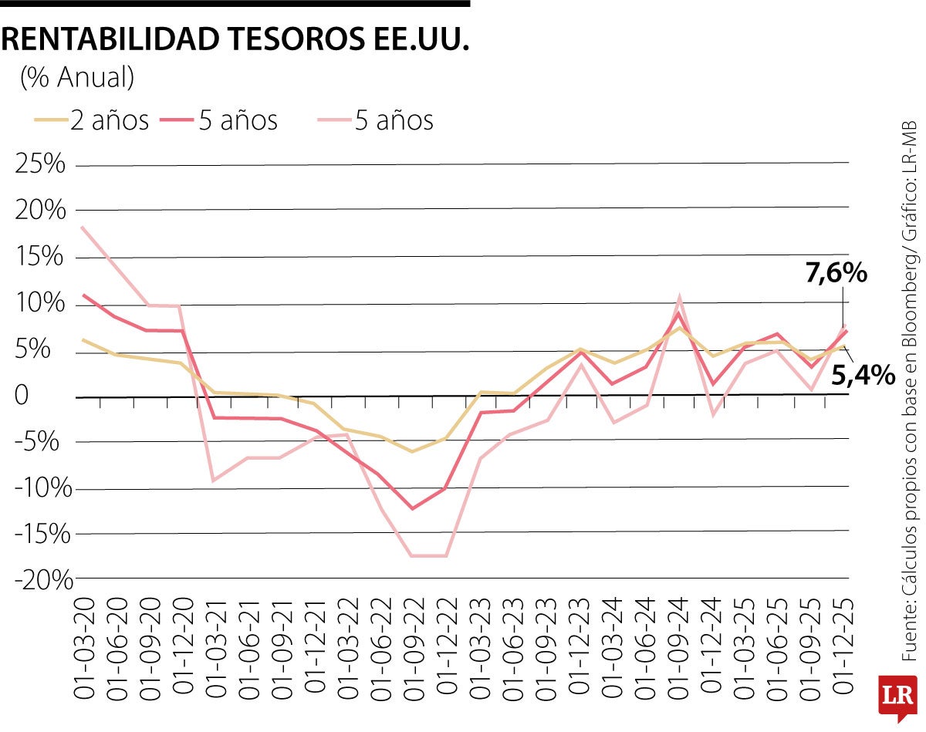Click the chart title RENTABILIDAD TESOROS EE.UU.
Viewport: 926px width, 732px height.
coord(235,40)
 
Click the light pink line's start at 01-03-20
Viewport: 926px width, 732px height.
coord(82,228)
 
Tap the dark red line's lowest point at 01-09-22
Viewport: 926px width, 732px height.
coord(412,508)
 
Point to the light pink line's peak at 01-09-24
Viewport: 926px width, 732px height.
coord(678,297)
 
